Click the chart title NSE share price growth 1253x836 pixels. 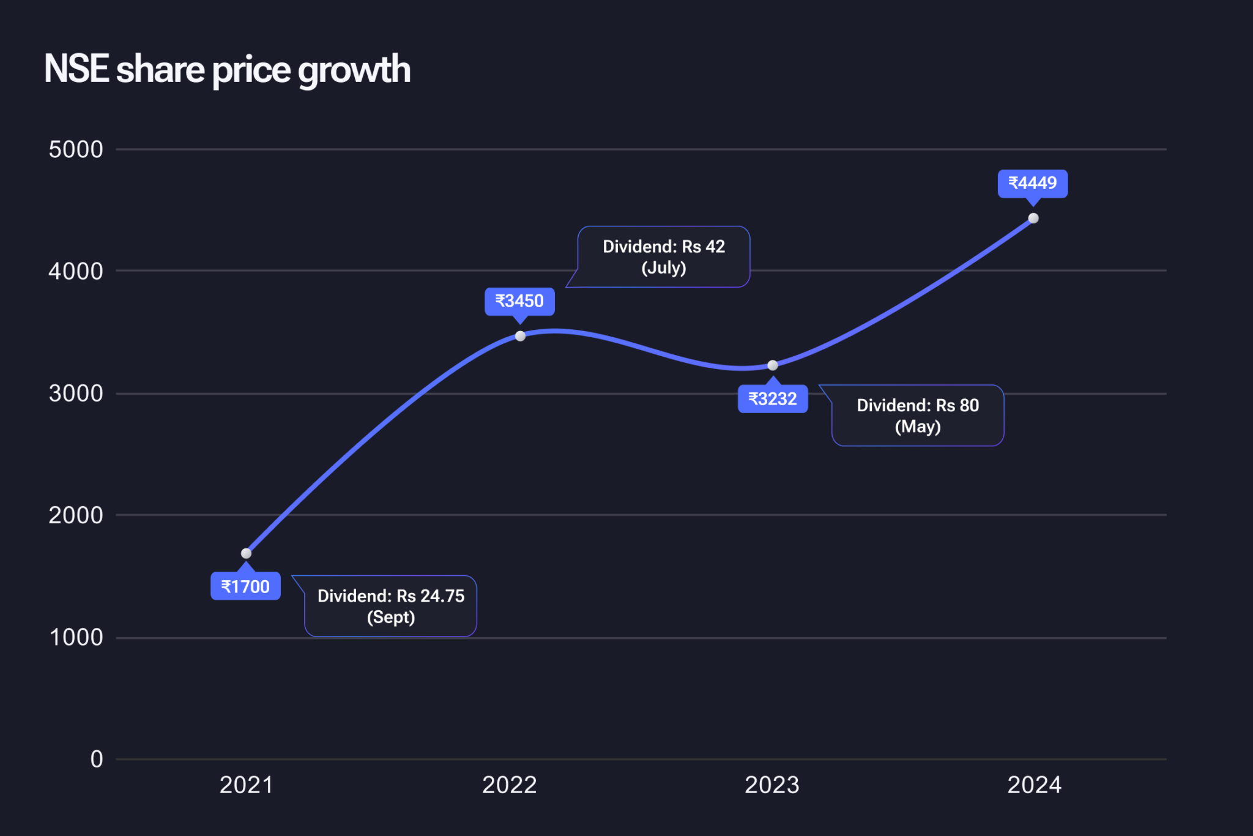click(x=227, y=69)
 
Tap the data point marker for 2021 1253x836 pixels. click(x=247, y=553)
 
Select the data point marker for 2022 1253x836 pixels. click(x=520, y=336)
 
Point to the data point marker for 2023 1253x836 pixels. click(x=773, y=365)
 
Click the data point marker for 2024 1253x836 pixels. click(x=1033, y=218)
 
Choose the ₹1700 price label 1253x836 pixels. click(x=245, y=586)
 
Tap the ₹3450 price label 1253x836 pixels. click(x=519, y=301)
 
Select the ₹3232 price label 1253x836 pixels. click(x=773, y=399)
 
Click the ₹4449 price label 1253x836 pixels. click(x=1033, y=183)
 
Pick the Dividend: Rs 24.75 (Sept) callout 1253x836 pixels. click(x=390, y=606)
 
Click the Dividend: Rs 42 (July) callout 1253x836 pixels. click(x=664, y=257)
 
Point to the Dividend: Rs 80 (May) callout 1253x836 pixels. click(x=918, y=416)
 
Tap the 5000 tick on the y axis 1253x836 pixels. click(x=76, y=149)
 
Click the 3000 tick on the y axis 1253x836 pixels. click(x=76, y=394)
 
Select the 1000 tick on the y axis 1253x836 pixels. click(x=76, y=638)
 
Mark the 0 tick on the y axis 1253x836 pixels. click(x=97, y=759)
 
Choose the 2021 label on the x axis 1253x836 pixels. click(x=246, y=785)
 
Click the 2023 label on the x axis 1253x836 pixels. click(x=772, y=785)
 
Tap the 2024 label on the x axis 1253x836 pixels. click(x=1035, y=785)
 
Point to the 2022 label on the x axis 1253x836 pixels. click(x=509, y=785)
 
